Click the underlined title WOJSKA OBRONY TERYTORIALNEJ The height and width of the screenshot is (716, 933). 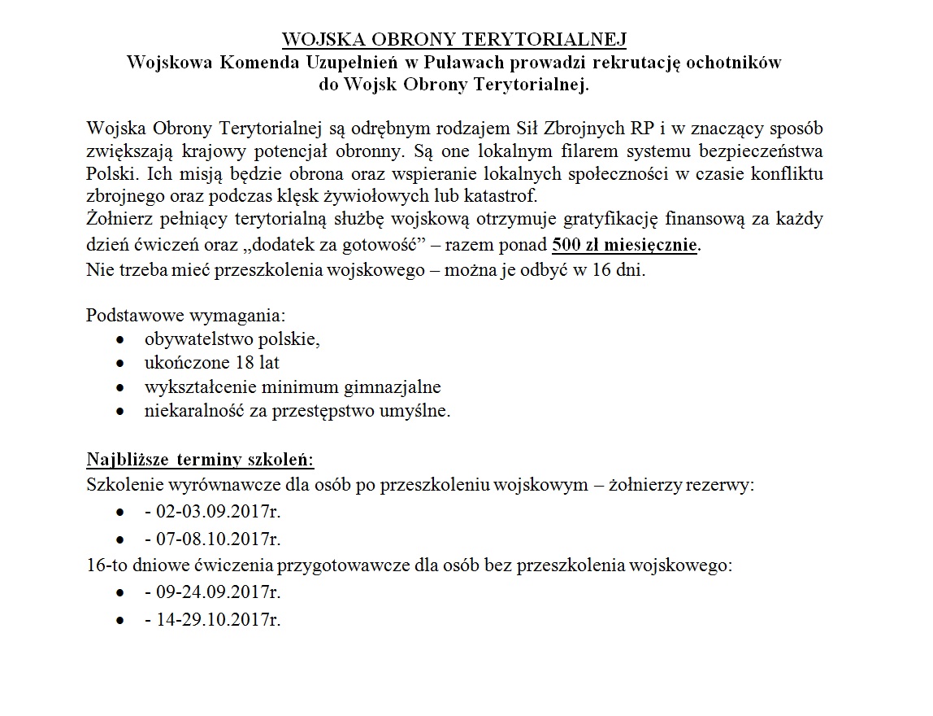click(x=454, y=41)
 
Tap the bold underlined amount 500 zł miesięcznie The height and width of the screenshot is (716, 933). click(x=624, y=244)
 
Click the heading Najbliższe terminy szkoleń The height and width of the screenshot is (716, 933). click(x=200, y=460)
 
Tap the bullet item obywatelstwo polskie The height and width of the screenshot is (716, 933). click(x=233, y=339)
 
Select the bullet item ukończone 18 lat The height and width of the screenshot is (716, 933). click(x=212, y=363)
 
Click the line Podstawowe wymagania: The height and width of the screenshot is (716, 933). click(x=186, y=314)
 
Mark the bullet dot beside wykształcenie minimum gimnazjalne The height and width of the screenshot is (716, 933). click(x=120, y=388)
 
